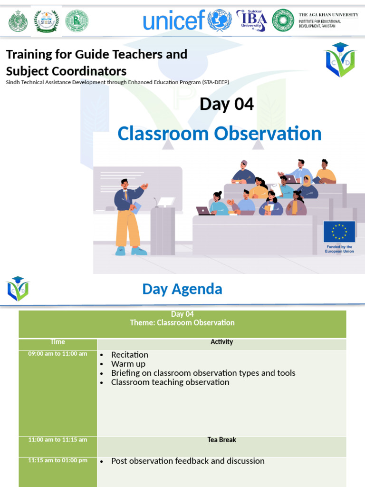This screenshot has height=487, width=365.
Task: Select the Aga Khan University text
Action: (328, 20)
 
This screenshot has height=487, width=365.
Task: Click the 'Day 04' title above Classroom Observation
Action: (227, 104)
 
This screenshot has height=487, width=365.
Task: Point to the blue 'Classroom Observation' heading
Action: (219, 134)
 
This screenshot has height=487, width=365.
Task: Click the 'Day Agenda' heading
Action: (182, 289)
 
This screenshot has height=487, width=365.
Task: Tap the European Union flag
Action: (339, 232)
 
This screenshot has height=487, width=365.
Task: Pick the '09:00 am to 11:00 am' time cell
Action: (58, 354)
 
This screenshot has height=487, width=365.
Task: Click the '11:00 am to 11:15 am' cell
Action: (58, 440)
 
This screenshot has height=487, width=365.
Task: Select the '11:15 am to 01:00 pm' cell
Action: (58, 461)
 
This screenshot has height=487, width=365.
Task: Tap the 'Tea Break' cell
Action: (221, 440)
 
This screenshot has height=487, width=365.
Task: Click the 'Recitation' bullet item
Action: (129, 355)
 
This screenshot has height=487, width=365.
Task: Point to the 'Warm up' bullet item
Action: (128, 364)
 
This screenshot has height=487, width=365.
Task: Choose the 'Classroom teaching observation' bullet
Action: (170, 382)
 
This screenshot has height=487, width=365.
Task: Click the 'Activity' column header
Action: (221, 342)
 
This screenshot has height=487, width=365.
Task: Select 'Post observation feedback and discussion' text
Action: (187, 461)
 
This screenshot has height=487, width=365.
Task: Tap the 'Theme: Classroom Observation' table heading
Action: (182, 323)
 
